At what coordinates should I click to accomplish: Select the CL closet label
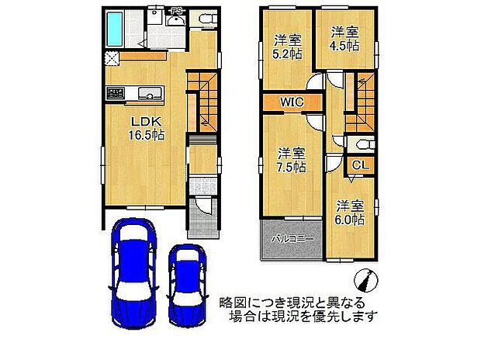(361, 164)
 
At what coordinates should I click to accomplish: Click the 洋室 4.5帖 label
(344, 39)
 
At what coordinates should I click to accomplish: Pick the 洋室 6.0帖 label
(350, 213)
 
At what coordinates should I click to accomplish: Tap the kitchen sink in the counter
(145, 94)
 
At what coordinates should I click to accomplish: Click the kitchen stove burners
(116, 93)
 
